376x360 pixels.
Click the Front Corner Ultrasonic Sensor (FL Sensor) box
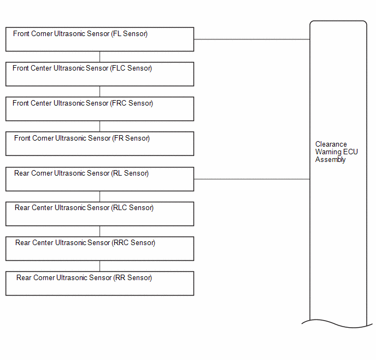click(100, 39)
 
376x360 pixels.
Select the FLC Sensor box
click(100, 74)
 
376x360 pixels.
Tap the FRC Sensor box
click(100, 109)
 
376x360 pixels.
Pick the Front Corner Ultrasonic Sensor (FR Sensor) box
click(100, 143)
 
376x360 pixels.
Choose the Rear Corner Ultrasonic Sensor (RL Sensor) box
click(100, 179)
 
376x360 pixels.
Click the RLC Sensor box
click(100, 214)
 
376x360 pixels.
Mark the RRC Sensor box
click(100, 248)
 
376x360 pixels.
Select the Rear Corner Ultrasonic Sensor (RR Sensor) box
click(100, 283)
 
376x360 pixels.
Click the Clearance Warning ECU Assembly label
click(337, 152)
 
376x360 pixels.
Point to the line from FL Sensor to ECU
click(252, 39)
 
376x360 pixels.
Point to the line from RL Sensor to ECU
click(252, 179)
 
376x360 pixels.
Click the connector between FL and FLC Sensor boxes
click(100, 57)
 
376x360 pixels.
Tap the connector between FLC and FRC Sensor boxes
click(100, 91)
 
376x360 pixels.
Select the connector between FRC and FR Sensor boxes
click(100, 126)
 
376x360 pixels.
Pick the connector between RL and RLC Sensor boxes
click(100, 196)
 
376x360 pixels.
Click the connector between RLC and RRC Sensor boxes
click(100, 231)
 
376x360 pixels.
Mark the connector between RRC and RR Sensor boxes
click(100, 266)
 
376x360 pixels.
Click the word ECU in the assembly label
click(350, 152)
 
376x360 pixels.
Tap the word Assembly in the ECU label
click(331, 160)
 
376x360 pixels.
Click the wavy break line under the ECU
click(337, 323)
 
